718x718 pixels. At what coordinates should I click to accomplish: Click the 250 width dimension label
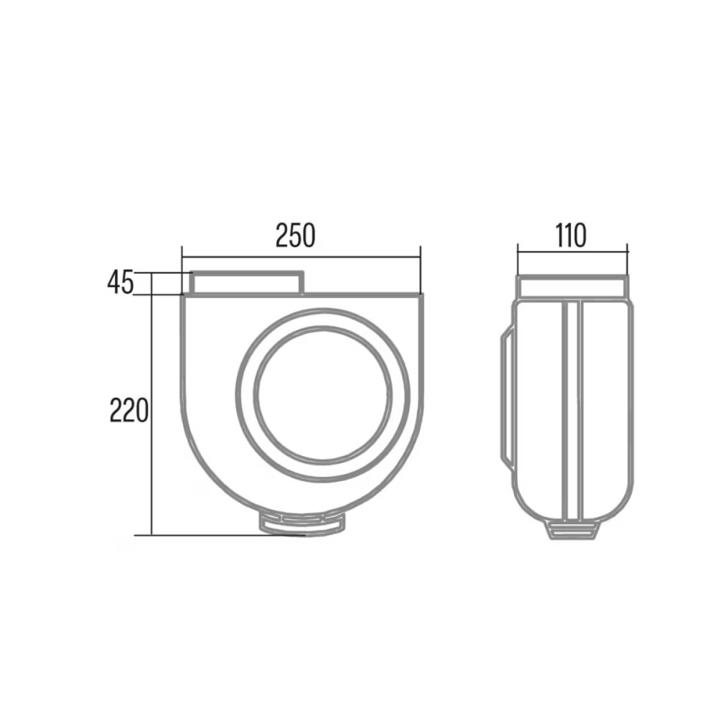point(295,236)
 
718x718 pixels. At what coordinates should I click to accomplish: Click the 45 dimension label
point(121,282)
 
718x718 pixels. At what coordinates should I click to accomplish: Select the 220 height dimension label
point(129,410)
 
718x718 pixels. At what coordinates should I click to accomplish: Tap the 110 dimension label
point(571,236)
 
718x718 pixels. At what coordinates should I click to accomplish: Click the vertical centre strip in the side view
point(572,410)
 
